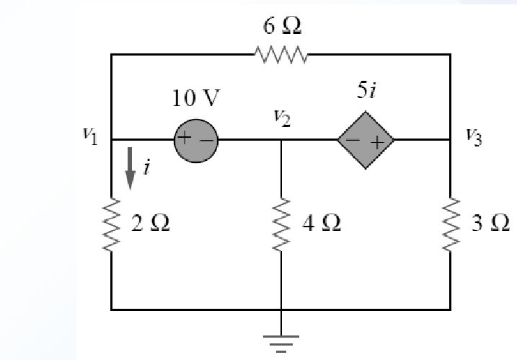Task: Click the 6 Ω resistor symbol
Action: [x=280, y=54]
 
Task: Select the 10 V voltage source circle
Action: [x=195, y=140]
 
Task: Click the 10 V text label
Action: [x=194, y=100]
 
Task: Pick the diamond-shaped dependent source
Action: [x=366, y=140]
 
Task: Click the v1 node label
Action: [x=90, y=137]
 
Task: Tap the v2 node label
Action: [x=283, y=119]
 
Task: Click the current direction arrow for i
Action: [x=130, y=173]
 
